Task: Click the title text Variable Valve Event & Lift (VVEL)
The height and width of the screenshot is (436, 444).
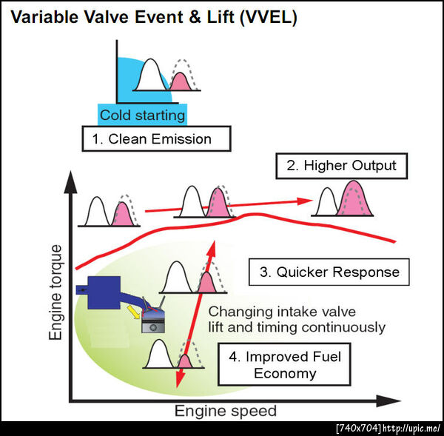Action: point(154,18)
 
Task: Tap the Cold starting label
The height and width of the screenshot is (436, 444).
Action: point(142,115)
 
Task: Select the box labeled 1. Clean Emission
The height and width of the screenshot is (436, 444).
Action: point(157,139)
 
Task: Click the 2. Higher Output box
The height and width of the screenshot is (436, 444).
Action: point(342,166)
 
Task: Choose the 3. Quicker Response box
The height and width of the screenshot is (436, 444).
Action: point(329,272)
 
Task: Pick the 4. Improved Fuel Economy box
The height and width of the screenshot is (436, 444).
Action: point(285,364)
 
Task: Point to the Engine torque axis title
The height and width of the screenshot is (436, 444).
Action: point(55,292)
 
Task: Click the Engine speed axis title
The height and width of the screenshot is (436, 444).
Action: point(226,411)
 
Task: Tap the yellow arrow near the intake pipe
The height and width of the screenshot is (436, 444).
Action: point(134,312)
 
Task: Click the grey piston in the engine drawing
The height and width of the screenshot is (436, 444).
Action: point(153,325)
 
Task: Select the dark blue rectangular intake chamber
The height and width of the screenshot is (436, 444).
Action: point(104,292)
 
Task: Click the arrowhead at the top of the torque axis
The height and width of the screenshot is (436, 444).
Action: point(70,183)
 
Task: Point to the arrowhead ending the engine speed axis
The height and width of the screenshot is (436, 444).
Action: point(388,400)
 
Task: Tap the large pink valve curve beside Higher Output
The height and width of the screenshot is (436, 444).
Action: point(354,200)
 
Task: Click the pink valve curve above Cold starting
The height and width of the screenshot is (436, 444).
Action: point(181,82)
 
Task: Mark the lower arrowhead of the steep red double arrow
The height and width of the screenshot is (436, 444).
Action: point(179,379)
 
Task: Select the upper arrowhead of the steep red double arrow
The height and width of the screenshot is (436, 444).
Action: point(212,249)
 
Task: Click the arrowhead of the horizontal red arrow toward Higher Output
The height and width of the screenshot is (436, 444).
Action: point(305,201)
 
